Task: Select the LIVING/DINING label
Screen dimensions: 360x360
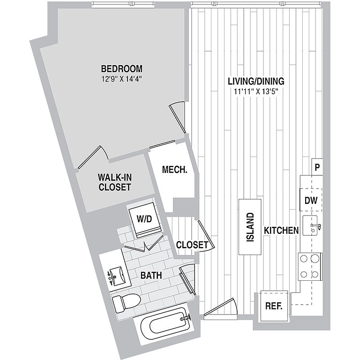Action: coord(255,81)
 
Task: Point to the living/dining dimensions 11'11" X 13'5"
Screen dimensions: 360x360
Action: coord(255,91)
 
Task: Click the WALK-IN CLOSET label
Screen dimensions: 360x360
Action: coord(114,182)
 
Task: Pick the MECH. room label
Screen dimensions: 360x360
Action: coord(174,170)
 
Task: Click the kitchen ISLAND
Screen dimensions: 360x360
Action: coord(250,227)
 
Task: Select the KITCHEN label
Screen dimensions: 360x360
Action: coord(281,231)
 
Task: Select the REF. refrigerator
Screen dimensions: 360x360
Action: coord(273,307)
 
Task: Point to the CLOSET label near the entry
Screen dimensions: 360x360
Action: coord(192,245)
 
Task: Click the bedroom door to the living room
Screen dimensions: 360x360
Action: coord(178,117)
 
